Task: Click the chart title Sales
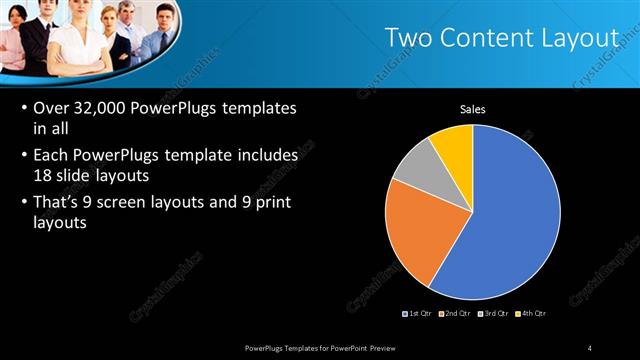473,110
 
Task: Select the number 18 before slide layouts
43,173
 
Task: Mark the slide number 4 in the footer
590,347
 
